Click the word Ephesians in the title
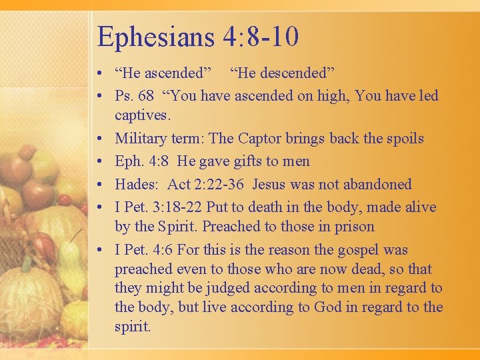coord(153,36)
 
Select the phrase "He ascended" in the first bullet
coord(164,71)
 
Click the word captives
coord(143,115)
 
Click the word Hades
coord(137,184)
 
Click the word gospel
coord(370,250)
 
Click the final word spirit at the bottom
coord(133,327)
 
